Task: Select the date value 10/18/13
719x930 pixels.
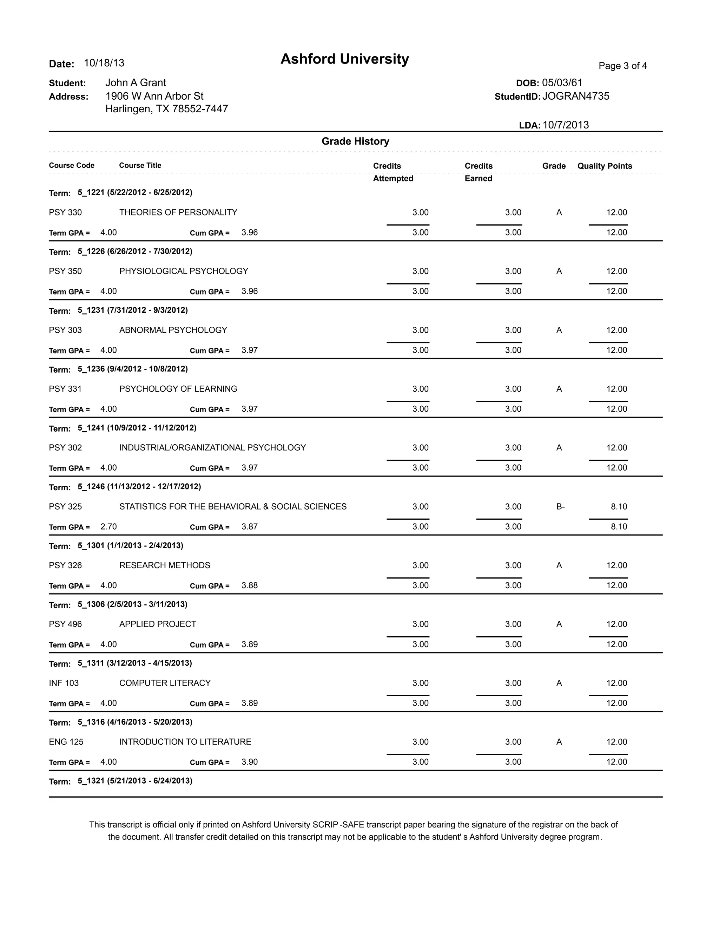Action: [x=104, y=63]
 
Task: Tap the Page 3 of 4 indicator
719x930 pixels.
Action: [x=622, y=66]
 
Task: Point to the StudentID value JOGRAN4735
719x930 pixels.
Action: [x=575, y=96]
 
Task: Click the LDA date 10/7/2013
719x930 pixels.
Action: [x=565, y=125]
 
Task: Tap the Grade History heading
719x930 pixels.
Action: [x=355, y=141]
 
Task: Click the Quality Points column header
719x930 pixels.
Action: [x=605, y=166]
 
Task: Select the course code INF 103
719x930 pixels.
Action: [x=64, y=683]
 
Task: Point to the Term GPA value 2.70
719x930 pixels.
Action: [x=108, y=526]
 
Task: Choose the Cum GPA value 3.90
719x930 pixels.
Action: [x=250, y=762]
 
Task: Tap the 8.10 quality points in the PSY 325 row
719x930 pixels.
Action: [x=619, y=506]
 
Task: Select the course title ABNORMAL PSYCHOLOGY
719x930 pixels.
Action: [x=173, y=330]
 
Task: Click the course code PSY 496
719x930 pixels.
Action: [x=65, y=624]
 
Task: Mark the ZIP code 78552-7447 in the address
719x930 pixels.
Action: [x=200, y=109]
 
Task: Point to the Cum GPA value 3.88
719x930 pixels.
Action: [x=250, y=585]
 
